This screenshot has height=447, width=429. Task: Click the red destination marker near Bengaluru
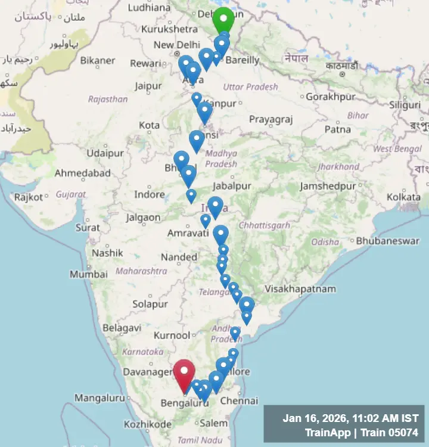tap(184, 372)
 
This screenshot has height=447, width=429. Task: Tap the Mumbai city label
tap(89, 275)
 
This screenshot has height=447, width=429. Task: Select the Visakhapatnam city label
tap(300, 289)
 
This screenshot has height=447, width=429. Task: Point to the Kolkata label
tap(403, 197)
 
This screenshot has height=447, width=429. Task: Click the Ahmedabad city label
tap(83, 173)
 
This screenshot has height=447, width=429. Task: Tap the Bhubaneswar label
tap(387, 241)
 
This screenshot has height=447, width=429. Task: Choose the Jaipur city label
tap(148, 86)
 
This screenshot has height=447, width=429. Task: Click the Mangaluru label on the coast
tap(99, 398)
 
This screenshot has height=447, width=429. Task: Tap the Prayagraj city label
tap(271, 119)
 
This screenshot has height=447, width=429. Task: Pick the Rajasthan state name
tap(108, 99)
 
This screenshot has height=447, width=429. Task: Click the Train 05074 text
tap(391, 433)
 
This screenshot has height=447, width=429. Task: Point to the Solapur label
tap(150, 304)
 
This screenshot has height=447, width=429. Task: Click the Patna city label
tap(337, 129)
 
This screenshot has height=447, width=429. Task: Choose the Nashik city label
tap(107, 253)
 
